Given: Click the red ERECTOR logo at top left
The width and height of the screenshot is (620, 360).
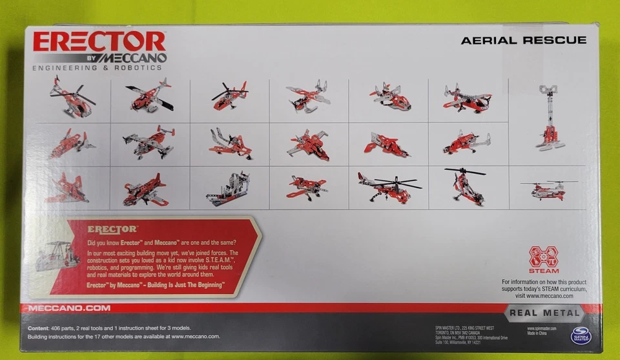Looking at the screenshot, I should (99, 42).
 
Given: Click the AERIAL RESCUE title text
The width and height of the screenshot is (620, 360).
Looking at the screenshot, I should (523, 40).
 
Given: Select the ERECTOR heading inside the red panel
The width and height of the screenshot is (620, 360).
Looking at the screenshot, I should (112, 229).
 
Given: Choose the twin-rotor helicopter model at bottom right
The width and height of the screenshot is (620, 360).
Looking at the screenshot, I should (548, 189).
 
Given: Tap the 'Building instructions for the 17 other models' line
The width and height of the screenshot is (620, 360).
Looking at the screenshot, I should (124, 336).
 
